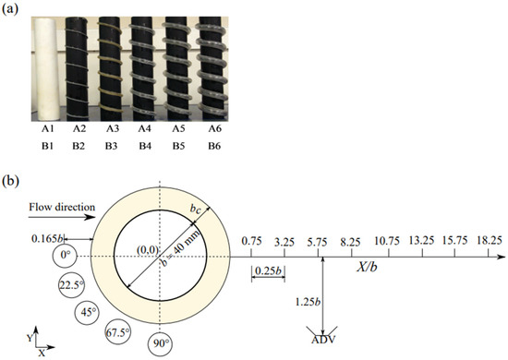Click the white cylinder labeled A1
coord(47,68)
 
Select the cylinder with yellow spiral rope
coord(111,68)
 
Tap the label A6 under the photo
coord(214,129)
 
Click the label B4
coord(145,146)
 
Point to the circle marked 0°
coord(65,256)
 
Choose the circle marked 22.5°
coord(71,285)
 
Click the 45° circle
coord(87,312)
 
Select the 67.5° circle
coord(118,331)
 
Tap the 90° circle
coord(160,343)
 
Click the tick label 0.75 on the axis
coord(251,241)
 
